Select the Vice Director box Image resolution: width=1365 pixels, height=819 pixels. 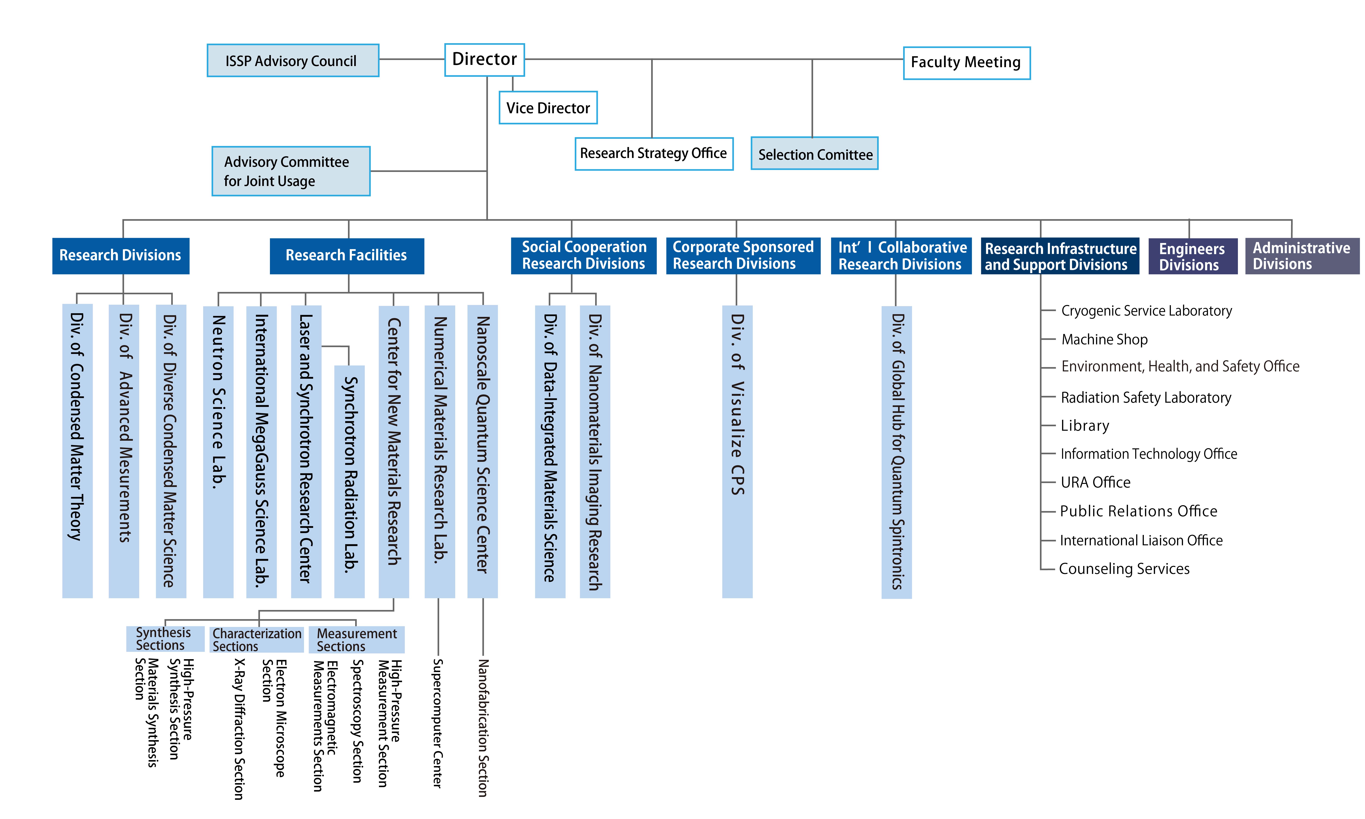coord(548,108)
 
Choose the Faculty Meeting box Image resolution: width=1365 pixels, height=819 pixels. coord(966,63)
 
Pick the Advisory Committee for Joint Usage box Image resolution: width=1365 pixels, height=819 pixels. coord(291,171)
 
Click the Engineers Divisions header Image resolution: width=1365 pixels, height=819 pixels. coord(1193,256)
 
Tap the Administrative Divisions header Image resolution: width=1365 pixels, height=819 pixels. coord(1302,256)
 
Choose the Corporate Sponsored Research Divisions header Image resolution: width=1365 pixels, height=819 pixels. coord(743,255)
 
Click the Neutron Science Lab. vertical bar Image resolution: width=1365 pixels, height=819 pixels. coord(218,451)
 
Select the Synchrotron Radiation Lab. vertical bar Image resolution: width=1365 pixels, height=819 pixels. coord(349,481)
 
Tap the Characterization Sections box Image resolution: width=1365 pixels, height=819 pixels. coord(257,640)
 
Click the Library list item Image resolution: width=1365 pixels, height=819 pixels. coord(1085,426)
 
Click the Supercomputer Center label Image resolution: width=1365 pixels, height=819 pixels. coord(438,723)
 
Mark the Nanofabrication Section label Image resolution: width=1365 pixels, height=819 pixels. coord(483,727)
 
